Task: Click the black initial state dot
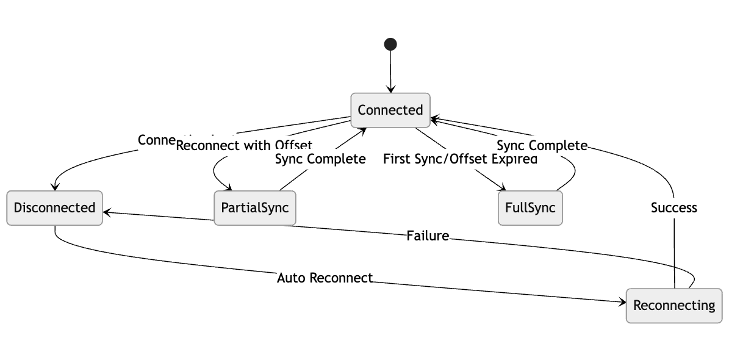[390, 44]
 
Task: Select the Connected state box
[390, 110]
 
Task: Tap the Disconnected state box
[54, 207]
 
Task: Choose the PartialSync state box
[254, 207]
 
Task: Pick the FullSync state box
[530, 207]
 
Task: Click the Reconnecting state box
[674, 305]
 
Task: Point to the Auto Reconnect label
[325, 278]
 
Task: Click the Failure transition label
[428, 236]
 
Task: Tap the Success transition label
[673, 207]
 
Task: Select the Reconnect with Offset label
[244, 145]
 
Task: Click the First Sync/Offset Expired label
[460, 159]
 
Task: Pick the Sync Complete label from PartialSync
[320, 159]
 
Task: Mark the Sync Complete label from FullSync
[542, 145]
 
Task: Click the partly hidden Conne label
[156, 140]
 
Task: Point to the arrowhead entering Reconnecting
[622, 302]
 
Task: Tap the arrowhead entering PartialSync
[228, 188]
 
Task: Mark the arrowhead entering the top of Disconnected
[55, 187]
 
